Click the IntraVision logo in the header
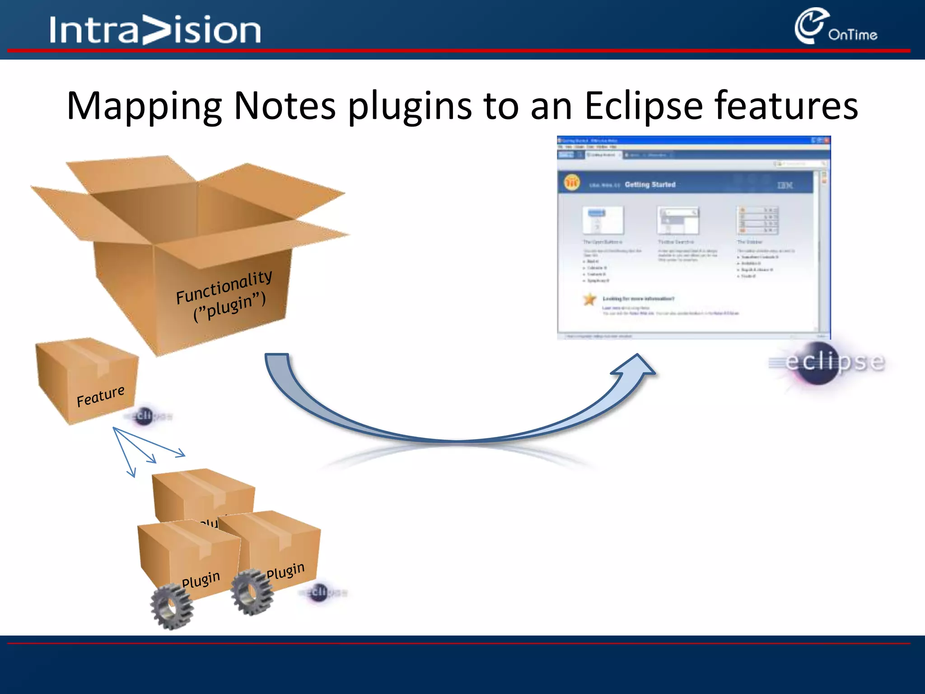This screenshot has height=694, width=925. point(155,30)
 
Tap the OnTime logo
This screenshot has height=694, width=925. point(835,27)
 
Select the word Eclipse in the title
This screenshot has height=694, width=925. point(644,107)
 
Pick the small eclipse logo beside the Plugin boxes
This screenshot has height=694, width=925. point(322,591)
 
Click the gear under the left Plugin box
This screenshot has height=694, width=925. point(171,606)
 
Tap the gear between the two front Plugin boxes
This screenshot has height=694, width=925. point(251,591)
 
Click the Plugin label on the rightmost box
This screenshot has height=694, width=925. point(285,570)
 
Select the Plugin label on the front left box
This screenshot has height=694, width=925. point(201,579)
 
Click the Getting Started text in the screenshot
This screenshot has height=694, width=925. point(650,184)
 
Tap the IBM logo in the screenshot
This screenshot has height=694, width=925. point(785,185)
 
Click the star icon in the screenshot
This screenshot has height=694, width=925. point(589,299)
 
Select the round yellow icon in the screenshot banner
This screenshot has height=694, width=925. point(572,183)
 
